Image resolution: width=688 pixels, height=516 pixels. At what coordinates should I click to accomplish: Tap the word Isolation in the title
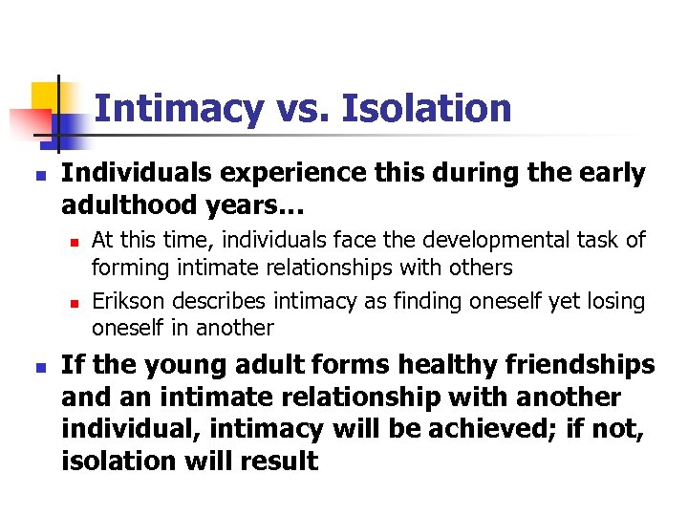pos(426,108)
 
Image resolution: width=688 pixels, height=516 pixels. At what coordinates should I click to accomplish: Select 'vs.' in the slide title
pos(302,108)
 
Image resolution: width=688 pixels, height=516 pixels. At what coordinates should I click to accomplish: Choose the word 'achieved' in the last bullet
pos(477,430)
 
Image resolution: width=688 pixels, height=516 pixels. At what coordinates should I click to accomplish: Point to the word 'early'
pos(607,174)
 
